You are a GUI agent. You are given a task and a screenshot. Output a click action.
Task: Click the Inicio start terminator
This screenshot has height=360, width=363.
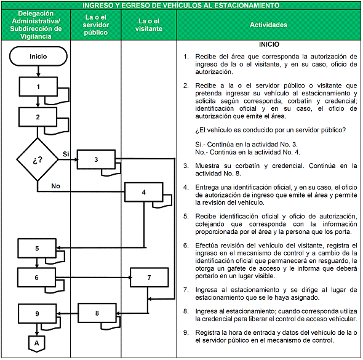pos(38,56)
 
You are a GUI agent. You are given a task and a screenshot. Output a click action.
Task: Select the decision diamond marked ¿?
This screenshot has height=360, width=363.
pos(38,159)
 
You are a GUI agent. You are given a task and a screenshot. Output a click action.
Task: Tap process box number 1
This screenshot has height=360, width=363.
pos(38,87)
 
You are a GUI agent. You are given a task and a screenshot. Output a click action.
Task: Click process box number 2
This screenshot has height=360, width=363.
pos(38,117)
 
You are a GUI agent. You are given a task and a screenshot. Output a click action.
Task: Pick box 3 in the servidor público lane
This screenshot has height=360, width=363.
pos(96,159)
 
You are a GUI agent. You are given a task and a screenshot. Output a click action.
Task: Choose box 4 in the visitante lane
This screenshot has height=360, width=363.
pos(144,192)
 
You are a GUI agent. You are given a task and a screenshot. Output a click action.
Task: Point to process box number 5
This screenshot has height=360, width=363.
pos(37,248)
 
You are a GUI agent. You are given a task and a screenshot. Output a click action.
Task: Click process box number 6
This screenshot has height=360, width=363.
pos(36,278)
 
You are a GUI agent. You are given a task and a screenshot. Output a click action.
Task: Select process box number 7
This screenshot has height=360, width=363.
pos(150,278)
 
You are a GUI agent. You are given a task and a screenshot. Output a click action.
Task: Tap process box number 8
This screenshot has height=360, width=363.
pos(97,313)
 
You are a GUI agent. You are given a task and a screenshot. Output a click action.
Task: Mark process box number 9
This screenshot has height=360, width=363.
pos(38,313)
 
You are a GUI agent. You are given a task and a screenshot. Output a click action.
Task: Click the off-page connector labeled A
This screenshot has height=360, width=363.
pos(36,343)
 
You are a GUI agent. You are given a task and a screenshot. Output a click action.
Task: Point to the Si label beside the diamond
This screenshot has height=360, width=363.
pos(66,154)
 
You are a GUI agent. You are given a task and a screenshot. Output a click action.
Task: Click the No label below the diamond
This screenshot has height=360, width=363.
pos(55,186)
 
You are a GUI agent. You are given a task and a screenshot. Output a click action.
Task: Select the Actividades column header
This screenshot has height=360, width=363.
pos(268,25)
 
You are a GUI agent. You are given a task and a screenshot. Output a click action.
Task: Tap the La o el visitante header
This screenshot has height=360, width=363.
pos(149,25)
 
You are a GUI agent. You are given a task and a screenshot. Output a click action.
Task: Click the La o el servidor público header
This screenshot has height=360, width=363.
pos(96,25)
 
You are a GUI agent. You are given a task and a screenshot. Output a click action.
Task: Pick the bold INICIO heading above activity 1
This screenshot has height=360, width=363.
pos(269,44)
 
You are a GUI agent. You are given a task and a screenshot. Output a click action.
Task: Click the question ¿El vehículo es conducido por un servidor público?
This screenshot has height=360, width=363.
pos(270,130)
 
